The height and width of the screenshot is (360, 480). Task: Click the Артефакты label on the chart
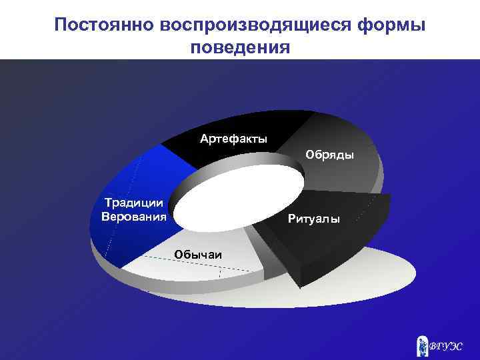[233, 139]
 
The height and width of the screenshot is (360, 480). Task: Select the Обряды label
[329, 155]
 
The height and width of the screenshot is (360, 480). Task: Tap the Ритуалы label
[313, 219]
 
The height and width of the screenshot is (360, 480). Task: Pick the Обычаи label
[198, 253]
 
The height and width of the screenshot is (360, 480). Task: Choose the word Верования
[133, 216]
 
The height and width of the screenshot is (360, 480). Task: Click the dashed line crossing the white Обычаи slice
[200, 264]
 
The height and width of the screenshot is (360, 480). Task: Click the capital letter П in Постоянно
[61, 25]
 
